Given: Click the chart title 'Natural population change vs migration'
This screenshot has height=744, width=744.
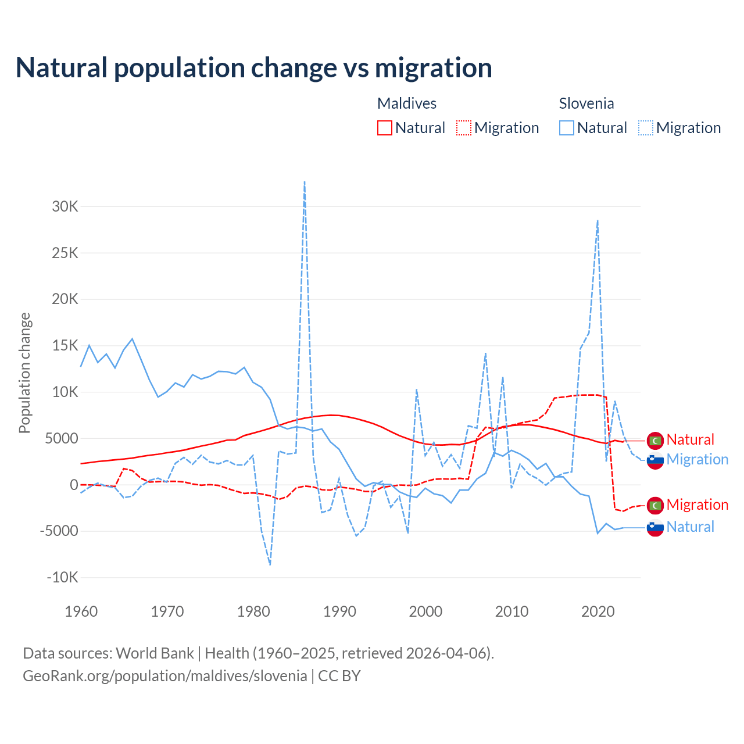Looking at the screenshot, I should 254,67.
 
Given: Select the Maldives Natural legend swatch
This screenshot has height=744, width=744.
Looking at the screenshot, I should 384,128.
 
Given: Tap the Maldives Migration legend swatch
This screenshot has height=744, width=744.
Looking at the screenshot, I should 464,128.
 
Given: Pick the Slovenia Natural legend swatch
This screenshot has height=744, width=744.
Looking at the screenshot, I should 567,128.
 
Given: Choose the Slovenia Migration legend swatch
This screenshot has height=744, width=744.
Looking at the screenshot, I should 646,128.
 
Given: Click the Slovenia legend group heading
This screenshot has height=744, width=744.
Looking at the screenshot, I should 586,103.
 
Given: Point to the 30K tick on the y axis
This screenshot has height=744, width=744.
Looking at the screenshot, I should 65,206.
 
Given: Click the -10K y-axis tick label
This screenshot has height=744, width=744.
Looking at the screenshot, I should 63,577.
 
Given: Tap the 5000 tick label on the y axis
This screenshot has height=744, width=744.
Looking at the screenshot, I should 62,438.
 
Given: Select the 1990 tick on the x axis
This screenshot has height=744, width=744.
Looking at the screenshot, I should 339,611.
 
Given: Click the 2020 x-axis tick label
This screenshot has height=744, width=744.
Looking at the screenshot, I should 598,611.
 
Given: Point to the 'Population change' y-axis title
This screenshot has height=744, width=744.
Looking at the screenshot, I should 24,373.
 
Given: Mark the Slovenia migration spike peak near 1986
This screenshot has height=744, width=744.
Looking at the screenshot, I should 305,183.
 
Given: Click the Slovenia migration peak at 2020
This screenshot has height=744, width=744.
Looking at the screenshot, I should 598,221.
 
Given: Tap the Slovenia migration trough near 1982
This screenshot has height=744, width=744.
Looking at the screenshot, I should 270,564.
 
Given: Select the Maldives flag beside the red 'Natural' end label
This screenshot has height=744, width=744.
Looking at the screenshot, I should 655,441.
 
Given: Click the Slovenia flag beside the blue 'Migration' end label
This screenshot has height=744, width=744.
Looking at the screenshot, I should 655,460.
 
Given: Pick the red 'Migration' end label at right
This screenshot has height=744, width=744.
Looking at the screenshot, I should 697,505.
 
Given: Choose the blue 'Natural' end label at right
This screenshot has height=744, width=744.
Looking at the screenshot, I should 690,527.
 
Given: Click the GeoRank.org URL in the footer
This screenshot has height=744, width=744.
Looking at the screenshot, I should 165,676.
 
